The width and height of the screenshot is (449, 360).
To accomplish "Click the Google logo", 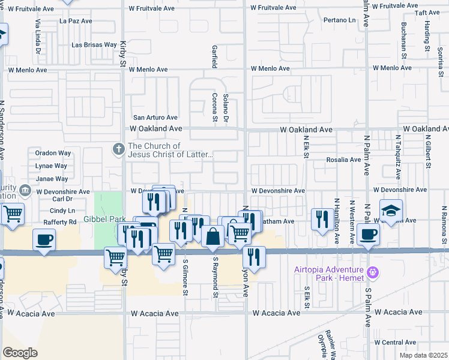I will [x=20, y=353].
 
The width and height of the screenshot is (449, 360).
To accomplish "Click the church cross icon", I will [x=119, y=148].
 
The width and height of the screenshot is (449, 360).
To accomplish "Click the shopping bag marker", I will [x=212, y=237].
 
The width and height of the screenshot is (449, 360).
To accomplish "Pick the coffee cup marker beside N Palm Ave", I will [x=368, y=235].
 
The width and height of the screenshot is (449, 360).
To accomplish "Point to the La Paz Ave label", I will [x=76, y=20].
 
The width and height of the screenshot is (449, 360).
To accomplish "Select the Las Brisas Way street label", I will [x=94, y=44].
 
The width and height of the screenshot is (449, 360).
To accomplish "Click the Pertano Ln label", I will [x=339, y=20].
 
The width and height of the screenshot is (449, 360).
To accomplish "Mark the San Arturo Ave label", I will [x=155, y=118].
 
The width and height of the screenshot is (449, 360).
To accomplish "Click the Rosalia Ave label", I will [x=343, y=160].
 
